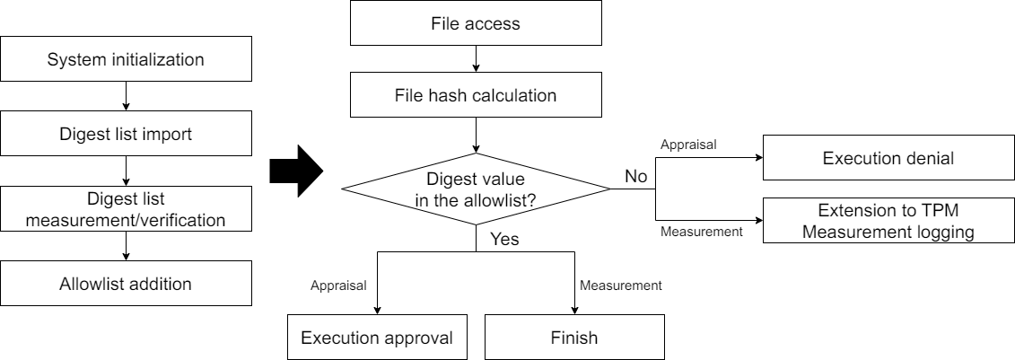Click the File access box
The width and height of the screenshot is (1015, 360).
(475, 23)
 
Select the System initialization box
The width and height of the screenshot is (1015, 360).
(126, 60)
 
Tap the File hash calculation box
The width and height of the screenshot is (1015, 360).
(475, 94)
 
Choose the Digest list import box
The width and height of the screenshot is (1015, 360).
(126, 136)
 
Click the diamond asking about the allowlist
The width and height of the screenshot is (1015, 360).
(476, 189)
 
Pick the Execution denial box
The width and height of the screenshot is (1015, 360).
(888, 159)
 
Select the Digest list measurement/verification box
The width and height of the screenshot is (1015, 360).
(126, 208)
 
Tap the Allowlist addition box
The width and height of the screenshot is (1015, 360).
(126, 284)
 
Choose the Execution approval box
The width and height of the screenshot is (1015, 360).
(377, 338)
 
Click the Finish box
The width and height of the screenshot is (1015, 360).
(573, 338)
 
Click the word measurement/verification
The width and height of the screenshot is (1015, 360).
(126, 218)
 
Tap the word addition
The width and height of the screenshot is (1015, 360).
(161, 284)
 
